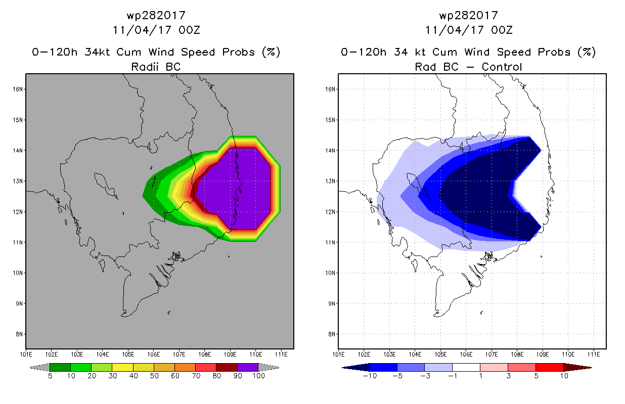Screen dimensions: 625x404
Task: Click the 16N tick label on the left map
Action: pyautogui.click(x=18, y=89)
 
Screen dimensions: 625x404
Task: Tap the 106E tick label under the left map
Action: pyautogui.click(x=153, y=355)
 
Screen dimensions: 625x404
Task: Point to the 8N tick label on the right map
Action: pyautogui.click(x=332, y=334)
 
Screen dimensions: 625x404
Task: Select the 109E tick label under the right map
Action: pyautogui.click(x=543, y=355)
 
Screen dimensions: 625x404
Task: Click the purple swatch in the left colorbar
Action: pyautogui.click(x=248, y=367)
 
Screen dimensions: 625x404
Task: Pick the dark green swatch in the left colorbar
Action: pyautogui.click(x=60, y=367)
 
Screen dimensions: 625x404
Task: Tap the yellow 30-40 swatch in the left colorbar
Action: pyautogui.click(x=122, y=367)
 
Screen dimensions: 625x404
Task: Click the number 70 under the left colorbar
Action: pyautogui.click(x=196, y=376)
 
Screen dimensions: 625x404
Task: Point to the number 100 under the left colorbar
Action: pyautogui.click(x=258, y=376)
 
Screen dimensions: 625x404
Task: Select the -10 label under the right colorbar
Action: pyautogui.click(x=370, y=376)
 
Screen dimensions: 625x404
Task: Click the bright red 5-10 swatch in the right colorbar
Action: pyautogui.click(x=550, y=367)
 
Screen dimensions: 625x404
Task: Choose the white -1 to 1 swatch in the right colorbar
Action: pyautogui.click(x=466, y=367)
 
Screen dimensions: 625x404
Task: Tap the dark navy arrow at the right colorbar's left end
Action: pyautogui.click(x=356, y=367)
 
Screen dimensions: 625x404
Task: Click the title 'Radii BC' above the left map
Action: pyautogui.click(x=156, y=67)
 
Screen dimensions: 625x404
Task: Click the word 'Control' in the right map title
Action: pyautogui.click(x=502, y=67)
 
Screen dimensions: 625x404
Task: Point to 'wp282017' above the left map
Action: pyautogui.click(x=156, y=16)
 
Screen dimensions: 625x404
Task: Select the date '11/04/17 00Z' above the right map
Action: pyautogui.click(x=469, y=30)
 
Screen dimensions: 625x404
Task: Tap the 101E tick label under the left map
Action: pyautogui.click(x=26, y=355)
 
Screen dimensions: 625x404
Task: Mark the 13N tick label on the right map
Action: pyautogui.click(x=330, y=181)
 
